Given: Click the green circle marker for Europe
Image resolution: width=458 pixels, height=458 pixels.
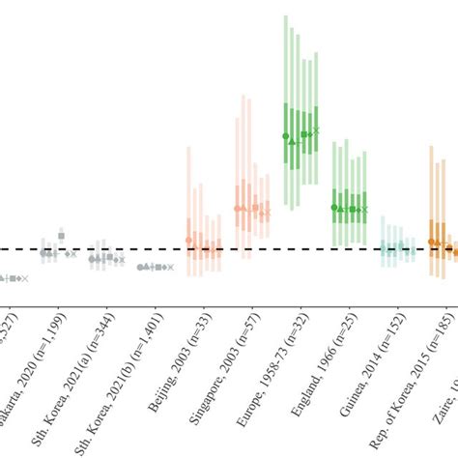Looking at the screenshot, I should point(285,137).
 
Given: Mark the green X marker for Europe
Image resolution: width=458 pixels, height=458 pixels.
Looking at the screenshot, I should point(316,129).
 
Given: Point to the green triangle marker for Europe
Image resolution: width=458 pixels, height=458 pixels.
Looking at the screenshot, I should point(293,142).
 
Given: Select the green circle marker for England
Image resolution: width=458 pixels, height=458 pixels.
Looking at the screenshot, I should point(333,207).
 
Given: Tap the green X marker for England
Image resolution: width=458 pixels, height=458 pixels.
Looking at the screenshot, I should point(364,209).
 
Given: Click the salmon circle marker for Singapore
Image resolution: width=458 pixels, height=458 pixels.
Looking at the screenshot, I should point(237,209).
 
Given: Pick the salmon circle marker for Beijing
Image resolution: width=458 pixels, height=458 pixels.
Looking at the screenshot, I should point(188,241).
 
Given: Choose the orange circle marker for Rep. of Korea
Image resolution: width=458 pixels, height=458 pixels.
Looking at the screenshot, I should point(430,242).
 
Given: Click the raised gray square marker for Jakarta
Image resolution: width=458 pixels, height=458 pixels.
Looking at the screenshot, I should point(61,236).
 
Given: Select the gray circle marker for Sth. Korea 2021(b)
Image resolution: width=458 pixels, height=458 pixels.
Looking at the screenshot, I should point(140,267).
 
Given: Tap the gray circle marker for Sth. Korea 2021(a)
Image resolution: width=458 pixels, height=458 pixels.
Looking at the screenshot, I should point(92,259).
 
